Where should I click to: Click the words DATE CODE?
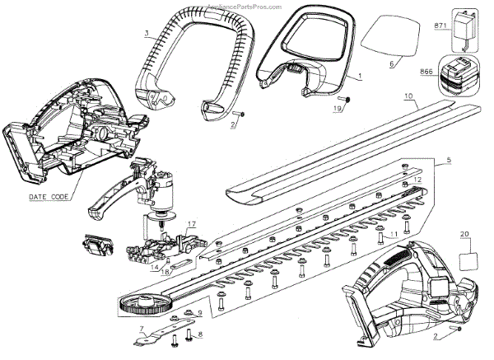pyautogui.click(x=49, y=197)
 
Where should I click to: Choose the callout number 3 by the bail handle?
pyautogui.click(x=147, y=34)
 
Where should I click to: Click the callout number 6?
pyautogui.click(x=391, y=63)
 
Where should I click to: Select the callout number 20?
pyautogui.click(x=465, y=235)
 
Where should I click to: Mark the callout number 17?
pyautogui.click(x=190, y=224)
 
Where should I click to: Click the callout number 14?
pyautogui.click(x=155, y=265)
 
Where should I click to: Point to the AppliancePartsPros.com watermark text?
pyautogui.click(x=247, y=5)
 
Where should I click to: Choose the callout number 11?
pyautogui.click(x=394, y=235)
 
